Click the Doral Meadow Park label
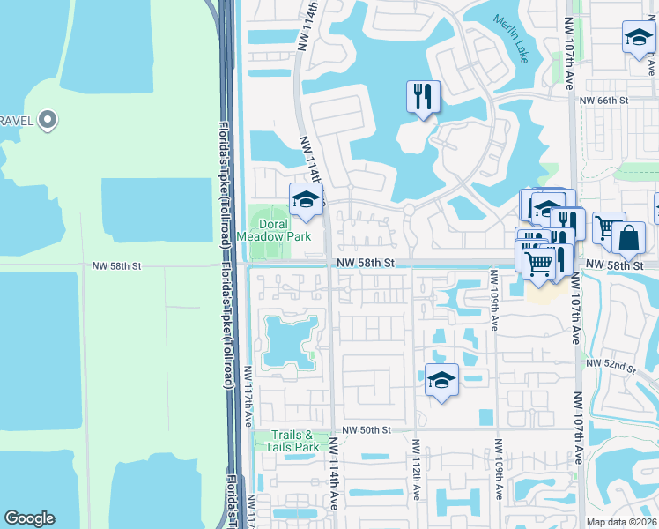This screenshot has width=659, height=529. (x=274, y=231)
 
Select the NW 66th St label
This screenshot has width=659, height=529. (x=604, y=101)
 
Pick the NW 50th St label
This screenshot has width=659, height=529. (x=367, y=429)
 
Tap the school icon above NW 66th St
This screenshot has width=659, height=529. (x=636, y=38)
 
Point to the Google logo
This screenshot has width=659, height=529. (x=29, y=518)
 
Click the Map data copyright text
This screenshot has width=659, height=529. (x=621, y=522)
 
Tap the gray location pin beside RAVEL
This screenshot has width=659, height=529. (x=48, y=119)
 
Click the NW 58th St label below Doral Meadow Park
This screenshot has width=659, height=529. (x=361, y=263)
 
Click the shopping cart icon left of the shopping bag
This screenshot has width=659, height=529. (x=607, y=227)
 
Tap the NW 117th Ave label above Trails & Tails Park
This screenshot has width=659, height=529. (x=249, y=397)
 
